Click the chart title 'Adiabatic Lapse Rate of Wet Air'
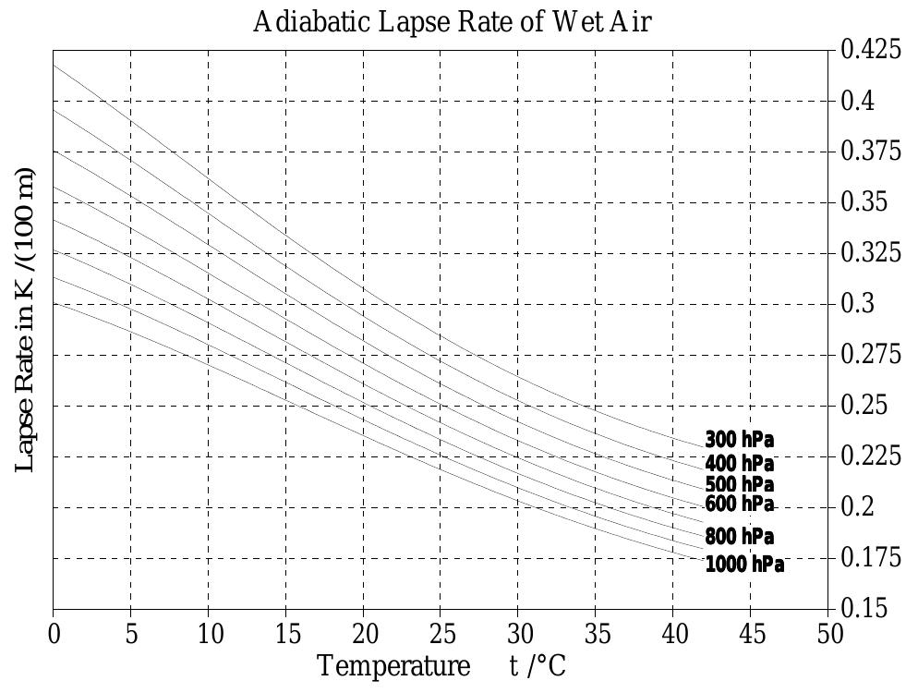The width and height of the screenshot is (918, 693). (453, 22)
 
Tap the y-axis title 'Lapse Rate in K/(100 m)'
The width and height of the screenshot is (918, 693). (26, 320)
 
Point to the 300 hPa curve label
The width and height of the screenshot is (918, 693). (739, 439)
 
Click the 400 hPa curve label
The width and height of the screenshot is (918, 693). (739, 463)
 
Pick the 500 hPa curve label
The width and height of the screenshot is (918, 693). (739, 484)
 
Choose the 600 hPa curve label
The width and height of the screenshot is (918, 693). (739, 505)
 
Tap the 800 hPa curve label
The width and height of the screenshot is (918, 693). (739, 537)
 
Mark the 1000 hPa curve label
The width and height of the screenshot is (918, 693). (744, 565)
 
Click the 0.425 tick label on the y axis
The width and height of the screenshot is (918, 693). (871, 50)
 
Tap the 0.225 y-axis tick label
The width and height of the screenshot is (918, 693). (871, 456)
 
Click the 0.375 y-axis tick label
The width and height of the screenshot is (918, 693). (871, 152)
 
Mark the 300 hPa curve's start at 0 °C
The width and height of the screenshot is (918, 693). (54, 66)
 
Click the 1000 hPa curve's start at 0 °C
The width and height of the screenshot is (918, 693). (54, 303)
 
